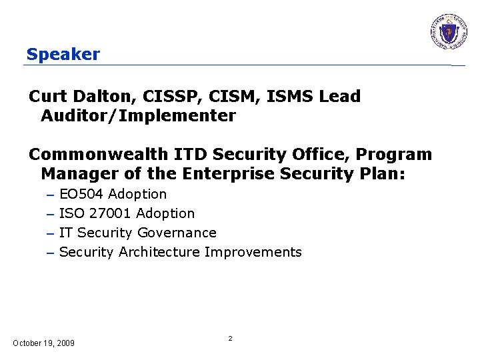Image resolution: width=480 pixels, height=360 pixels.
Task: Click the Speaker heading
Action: pos(63,54)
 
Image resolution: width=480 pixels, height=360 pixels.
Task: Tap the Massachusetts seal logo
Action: pos(449,31)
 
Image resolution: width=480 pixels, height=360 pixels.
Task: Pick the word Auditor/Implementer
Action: pos(138,116)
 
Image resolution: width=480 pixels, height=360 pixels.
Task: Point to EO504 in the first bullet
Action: pos(81,194)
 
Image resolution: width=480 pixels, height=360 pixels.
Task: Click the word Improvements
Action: pos(253,252)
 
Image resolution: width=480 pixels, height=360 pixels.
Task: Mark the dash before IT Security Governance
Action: pos(50,233)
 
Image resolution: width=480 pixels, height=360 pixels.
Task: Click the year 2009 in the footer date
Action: pos(65,343)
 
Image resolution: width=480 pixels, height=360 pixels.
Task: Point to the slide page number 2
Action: pos(230,339)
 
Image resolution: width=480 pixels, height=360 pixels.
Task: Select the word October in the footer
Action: pos(27,343)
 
